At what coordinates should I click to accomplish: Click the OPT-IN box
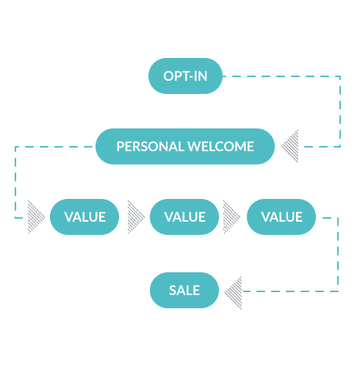[185, 76]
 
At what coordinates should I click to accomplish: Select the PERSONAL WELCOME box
[185, 146]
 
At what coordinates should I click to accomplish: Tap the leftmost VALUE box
[84, 217]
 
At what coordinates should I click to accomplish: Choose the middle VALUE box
[184, 217]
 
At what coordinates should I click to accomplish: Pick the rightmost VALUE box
[281, 217]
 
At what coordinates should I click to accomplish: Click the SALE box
[184, 290]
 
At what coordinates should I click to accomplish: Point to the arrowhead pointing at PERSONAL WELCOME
[289, 146]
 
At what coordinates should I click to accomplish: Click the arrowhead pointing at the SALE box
[234, 291]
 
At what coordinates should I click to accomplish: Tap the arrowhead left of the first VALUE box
[35, 217]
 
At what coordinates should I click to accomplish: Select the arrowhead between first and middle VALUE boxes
[135, 217]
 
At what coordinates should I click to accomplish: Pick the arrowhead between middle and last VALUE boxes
[232, 217]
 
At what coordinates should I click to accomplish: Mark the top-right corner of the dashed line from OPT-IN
[340, 76]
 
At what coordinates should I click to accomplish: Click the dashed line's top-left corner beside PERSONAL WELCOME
[15, 147]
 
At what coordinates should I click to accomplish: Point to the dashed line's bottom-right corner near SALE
[338, 291]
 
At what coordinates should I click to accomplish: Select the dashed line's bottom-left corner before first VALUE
[15, 217]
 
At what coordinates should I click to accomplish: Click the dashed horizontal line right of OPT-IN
[279, 76]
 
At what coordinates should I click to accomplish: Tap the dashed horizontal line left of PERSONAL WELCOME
[55, 147]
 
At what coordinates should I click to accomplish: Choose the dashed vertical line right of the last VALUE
[338, 253]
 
